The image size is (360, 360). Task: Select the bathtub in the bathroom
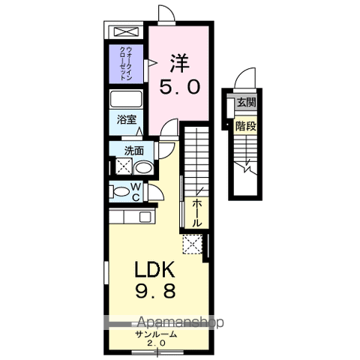click(x=125, y=100)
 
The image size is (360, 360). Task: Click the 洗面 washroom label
click(x=133, y=149)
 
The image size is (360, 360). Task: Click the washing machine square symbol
click(x=124, y=166)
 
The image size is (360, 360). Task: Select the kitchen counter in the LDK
click(x=130, y=217)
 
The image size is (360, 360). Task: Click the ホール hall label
click(x=196, y=213)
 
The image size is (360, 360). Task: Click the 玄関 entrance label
click(x=246, y=103)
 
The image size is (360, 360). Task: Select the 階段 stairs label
click(x=246, y=126)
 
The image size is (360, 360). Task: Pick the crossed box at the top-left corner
click(x=125, y=32)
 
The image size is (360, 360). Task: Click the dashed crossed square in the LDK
click(x=193, y=244)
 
